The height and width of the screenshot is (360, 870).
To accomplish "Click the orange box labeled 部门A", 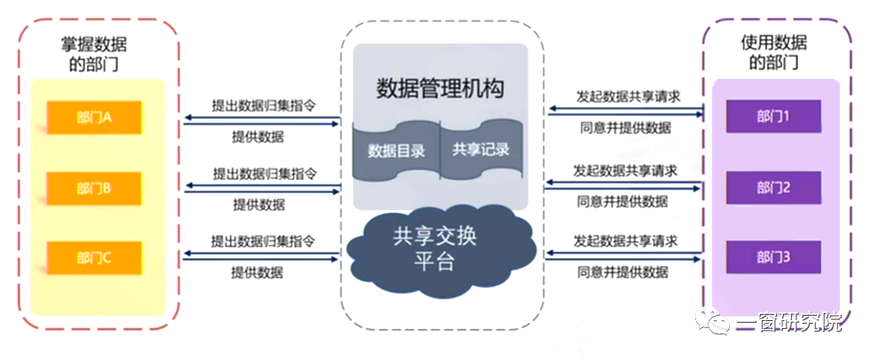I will point(92,116).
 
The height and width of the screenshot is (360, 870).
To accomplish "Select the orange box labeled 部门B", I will point(92,188).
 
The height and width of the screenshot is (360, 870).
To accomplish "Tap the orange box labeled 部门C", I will point(92,258).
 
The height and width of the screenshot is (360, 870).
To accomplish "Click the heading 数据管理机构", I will point(440,89).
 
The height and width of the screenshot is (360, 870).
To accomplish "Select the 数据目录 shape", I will point(396,150).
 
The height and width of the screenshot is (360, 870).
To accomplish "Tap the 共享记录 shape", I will point(482,150).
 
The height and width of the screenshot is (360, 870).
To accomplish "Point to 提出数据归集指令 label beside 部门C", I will point(263,241).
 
